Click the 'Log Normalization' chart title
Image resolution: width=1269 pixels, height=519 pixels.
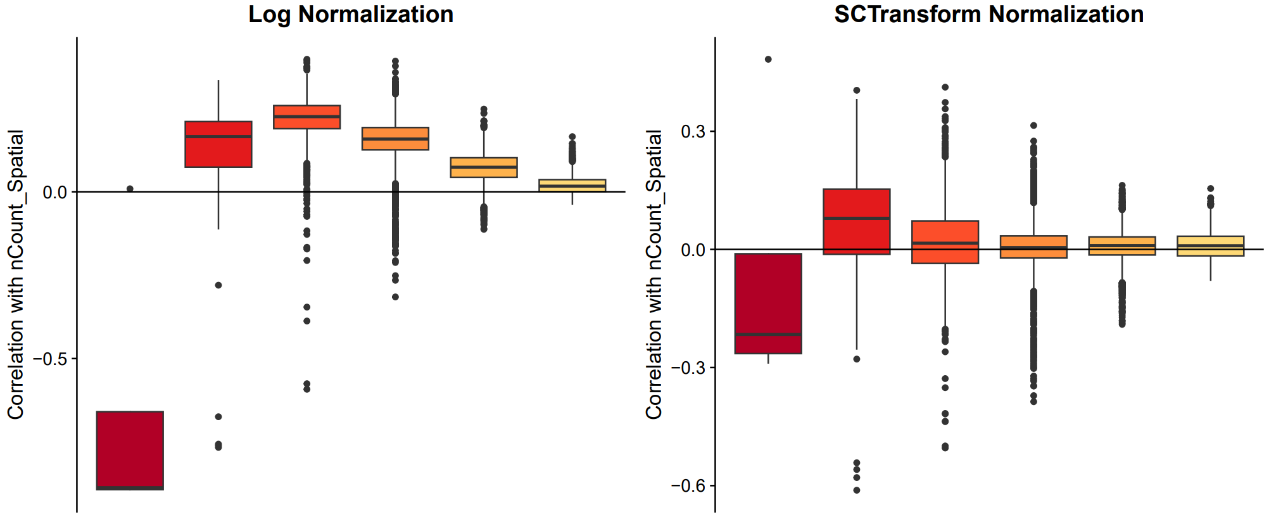point(350,15)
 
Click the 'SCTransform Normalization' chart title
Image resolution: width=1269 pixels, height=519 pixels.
point(988,15)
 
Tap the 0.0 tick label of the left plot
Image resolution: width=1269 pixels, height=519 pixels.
point(55,192)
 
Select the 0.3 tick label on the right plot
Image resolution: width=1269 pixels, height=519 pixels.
point(693,132)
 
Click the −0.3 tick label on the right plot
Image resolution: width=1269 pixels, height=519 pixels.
point(688,368)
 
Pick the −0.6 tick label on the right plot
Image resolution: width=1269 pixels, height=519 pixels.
point(688,486)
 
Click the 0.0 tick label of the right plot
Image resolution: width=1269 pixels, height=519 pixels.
point(693,250)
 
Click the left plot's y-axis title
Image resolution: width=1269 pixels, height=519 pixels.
point(16,274)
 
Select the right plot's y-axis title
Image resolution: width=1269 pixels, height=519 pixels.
point(654,274)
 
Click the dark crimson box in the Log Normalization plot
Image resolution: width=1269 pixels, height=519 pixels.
point(130,450)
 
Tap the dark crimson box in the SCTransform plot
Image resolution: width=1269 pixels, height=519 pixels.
point(768,303)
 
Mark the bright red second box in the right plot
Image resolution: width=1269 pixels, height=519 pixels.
point(857,221)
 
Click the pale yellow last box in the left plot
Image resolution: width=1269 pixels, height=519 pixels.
point(572,185)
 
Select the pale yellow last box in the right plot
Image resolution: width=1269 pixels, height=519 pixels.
point(1211,246)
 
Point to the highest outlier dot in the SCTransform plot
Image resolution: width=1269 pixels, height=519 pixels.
point(768,60)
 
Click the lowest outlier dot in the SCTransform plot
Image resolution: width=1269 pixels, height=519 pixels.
point(857,490)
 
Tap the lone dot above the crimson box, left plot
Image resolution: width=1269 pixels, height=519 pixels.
point(130,189)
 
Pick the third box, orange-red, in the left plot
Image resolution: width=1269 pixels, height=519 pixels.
point(307,117)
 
